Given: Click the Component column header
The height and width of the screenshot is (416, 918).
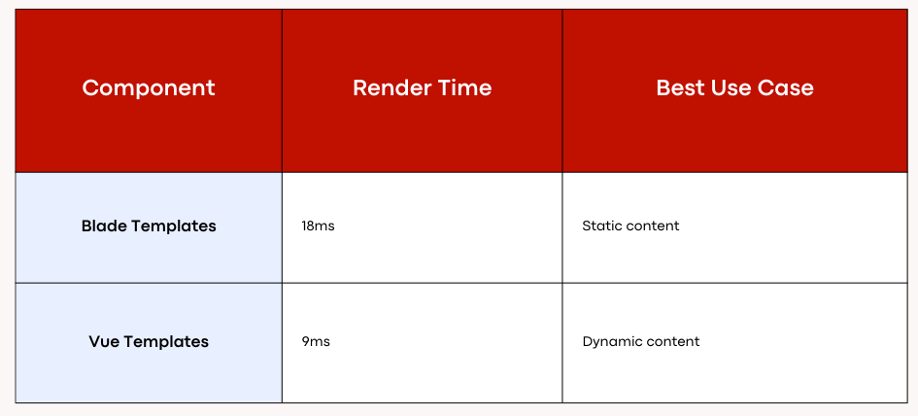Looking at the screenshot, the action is point(149,87).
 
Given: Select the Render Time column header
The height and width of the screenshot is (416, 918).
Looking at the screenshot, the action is point(423,87).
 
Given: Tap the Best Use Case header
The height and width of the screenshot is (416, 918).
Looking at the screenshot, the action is point(734,87).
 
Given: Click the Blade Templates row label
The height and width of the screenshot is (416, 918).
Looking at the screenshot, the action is point(149,226).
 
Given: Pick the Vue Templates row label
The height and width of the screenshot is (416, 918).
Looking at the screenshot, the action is point(149,341).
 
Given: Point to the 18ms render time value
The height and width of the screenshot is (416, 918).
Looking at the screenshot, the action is point(318,226).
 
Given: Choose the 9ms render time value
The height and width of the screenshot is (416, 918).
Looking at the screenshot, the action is point(316,341).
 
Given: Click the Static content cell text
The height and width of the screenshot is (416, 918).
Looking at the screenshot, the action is point(630,226).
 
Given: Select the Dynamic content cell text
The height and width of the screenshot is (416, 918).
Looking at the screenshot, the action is point(641,341).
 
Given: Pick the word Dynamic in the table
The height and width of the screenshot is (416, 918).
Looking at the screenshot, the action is point(611,342).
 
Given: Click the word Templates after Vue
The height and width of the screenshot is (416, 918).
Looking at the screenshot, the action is point(166,342).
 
